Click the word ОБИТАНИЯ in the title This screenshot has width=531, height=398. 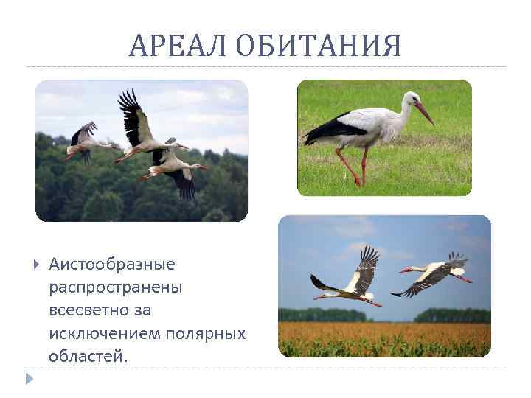(319, 46)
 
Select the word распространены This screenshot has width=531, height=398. (116, 287)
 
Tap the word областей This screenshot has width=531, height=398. (88, 356)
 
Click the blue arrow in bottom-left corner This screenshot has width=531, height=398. (29, 380)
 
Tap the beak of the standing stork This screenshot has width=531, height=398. (423, 112)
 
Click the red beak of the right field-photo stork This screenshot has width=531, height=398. (405, 270)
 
